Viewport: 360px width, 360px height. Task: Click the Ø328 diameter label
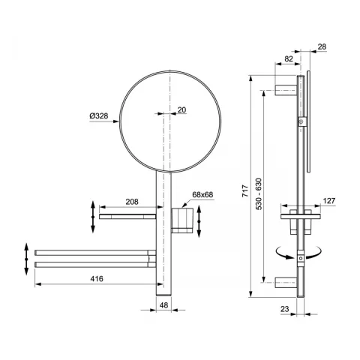98,115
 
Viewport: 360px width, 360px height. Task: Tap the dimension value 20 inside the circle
181,110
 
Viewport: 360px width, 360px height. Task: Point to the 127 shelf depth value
329,200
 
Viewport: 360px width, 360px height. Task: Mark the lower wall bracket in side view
287,282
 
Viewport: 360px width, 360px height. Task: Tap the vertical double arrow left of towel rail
26,256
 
